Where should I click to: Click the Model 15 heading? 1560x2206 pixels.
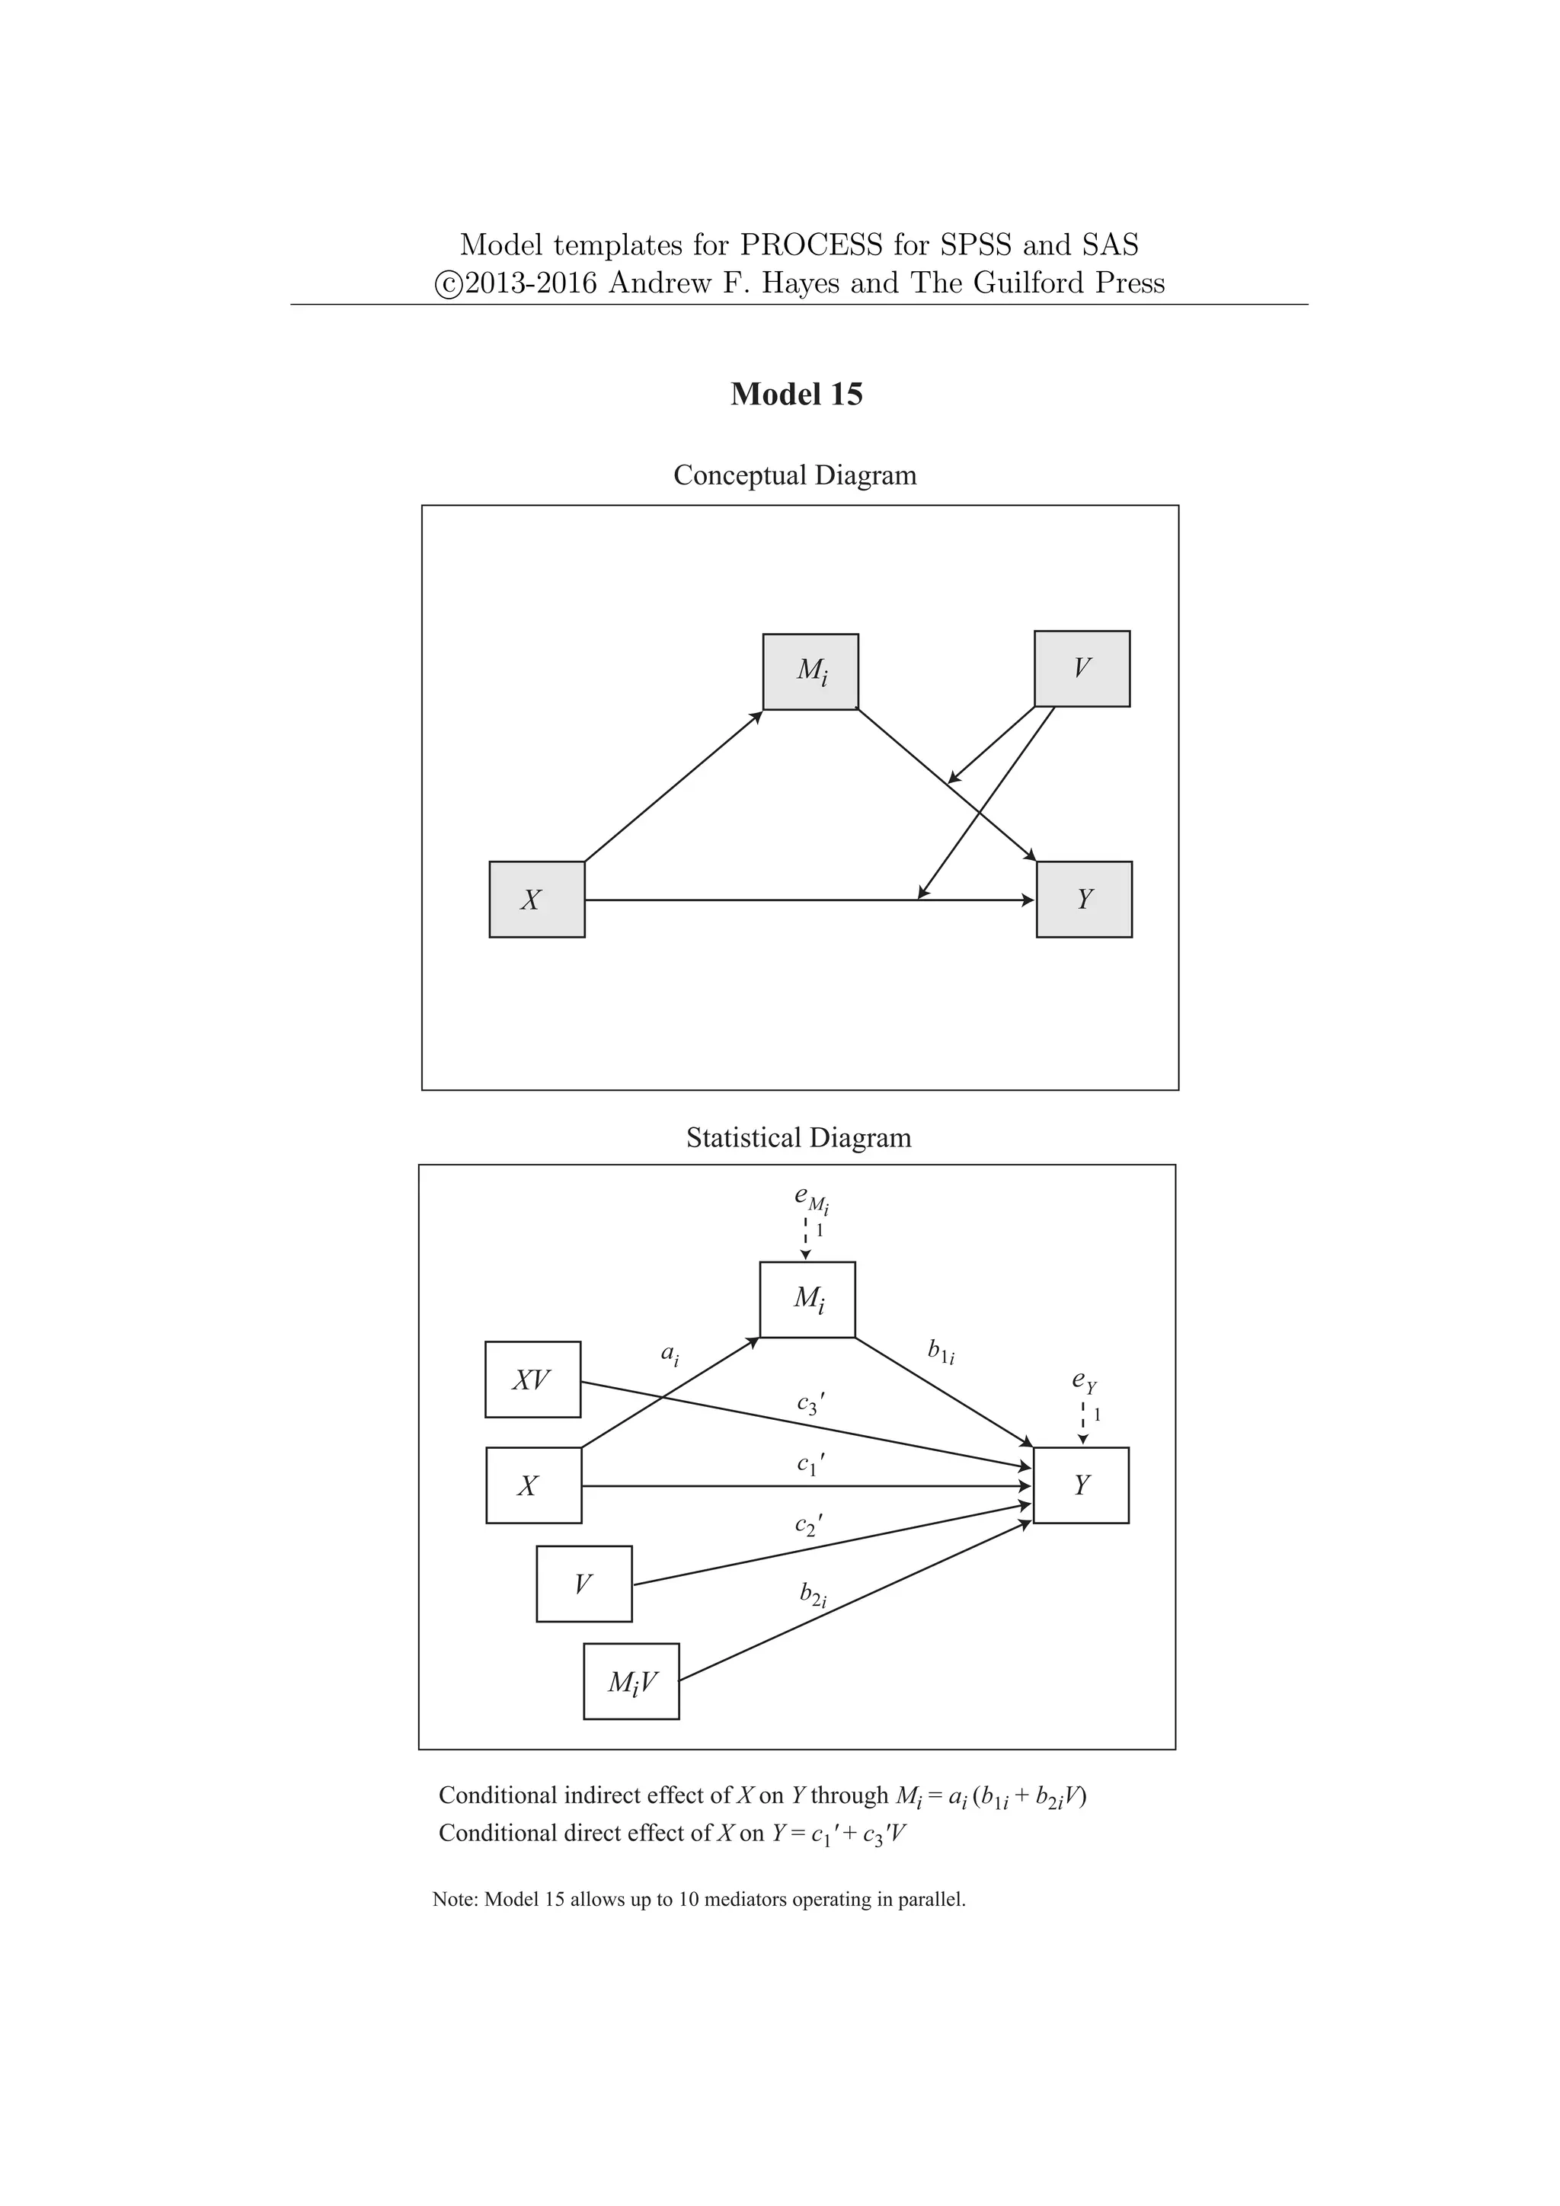pos(796,394)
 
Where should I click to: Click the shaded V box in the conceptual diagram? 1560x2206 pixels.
pos(1082,669)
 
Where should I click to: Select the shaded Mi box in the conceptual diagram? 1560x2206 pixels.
pos(810,672)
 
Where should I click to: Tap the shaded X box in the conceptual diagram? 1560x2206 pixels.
pos(537,900)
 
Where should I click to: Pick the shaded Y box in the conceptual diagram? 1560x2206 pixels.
pos(1084,900)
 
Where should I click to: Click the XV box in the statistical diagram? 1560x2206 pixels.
pos(532,1380)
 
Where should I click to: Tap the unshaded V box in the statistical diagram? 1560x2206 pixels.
pos(584,1584)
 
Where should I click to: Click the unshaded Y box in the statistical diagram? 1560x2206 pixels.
pos(1081,1485)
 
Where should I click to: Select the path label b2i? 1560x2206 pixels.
pos(813,1595)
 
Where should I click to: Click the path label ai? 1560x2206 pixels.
pos(670,1354)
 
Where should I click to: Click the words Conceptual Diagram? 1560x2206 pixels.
pos(794,475)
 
